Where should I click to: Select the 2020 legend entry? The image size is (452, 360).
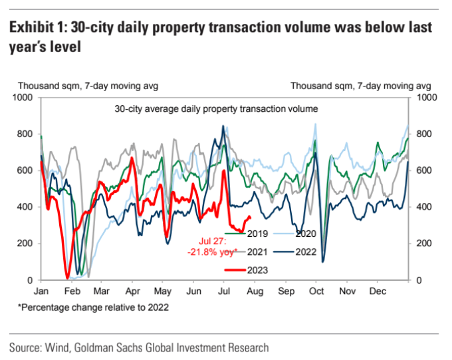308,234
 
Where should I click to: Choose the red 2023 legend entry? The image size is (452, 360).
255,270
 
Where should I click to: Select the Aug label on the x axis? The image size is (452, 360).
256,291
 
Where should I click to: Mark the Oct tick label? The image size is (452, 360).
317,291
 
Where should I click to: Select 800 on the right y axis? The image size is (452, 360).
424,134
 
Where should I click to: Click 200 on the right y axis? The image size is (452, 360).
424,244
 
